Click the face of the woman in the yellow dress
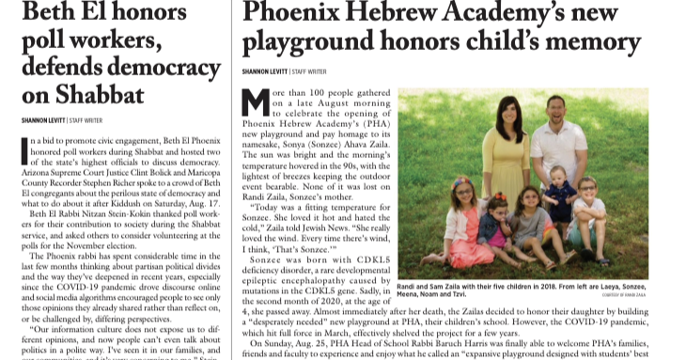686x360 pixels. pyautogui.click(x=514, y=114)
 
